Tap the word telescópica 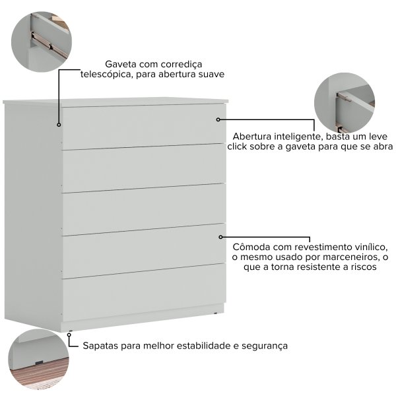[106, 75]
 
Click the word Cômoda [251, 247]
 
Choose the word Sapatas [100, 346]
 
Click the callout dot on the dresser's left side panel [59, 125]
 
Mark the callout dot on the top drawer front [218, 119]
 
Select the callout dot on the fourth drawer [220, 237]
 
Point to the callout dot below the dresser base [69, 335]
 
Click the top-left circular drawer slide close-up [42, 42]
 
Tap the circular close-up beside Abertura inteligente [345, 103]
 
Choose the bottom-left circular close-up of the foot [38, 359]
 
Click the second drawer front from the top [144, 168]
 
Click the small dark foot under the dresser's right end [215, 313]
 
